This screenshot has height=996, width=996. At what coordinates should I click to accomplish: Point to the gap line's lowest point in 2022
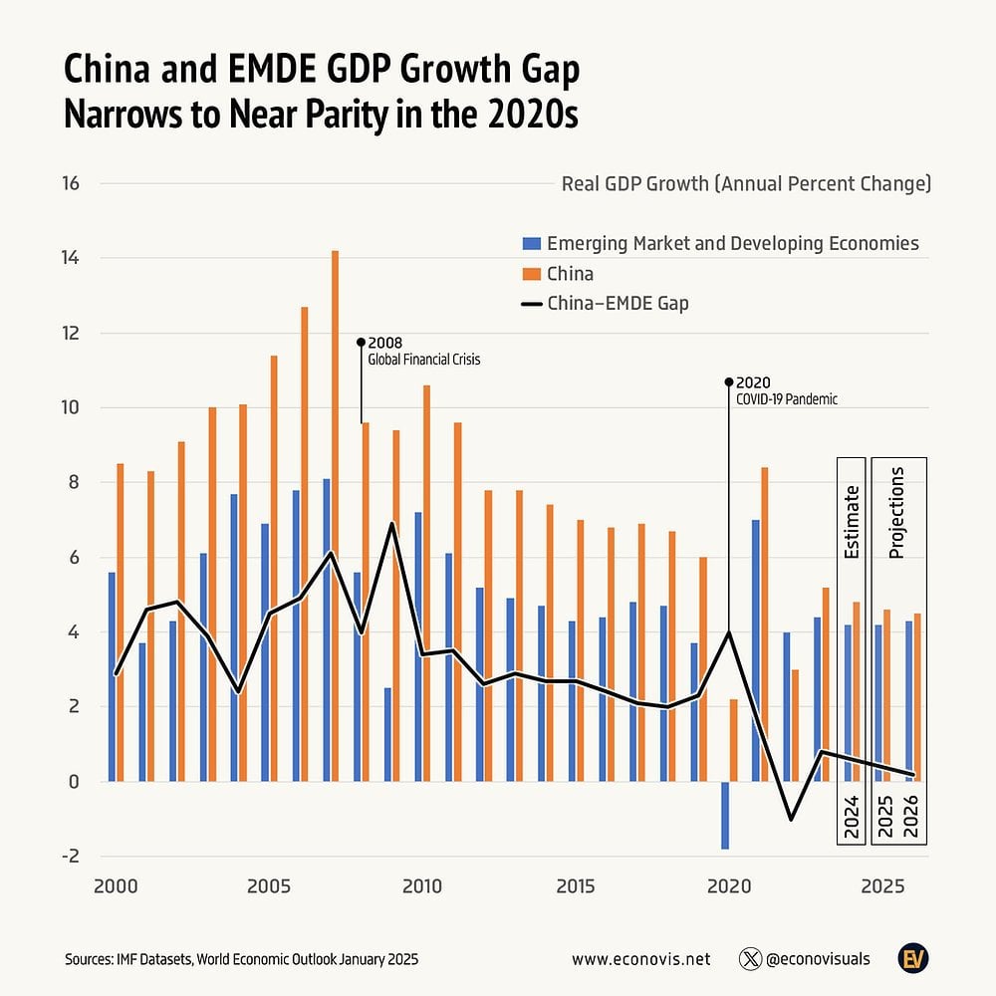pos(791,819)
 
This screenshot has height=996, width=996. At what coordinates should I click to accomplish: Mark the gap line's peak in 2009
pos(391,524)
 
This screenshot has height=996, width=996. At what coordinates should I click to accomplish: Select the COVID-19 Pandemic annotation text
pos(786,398)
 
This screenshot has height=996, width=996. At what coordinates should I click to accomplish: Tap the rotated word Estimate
pos(852,521)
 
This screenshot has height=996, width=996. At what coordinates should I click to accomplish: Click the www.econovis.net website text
pos(640,959)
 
